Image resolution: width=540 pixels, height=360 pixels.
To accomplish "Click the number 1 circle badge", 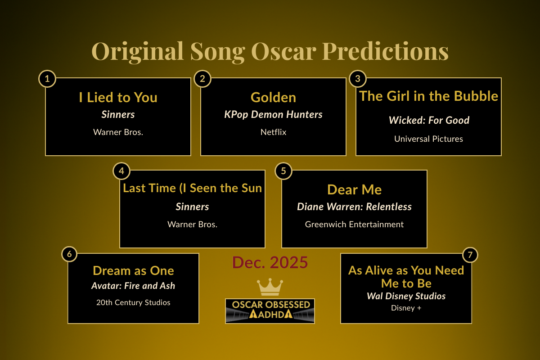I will point(47,79).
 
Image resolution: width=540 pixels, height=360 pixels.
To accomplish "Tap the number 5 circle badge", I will point(283,171).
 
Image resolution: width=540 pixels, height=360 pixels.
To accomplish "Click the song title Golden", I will point(273,97).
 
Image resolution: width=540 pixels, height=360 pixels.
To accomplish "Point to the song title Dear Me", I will point(354,189).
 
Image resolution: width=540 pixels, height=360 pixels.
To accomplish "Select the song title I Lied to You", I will point(118,97).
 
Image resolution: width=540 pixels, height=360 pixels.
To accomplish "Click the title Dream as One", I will point(133,270).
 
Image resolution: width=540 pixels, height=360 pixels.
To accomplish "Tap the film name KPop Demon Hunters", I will point(273,114).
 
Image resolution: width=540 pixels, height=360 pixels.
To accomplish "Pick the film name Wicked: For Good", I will point(429,120).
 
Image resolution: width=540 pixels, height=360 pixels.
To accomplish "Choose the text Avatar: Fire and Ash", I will point(133,286).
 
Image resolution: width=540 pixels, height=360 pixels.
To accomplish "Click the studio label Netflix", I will point(273,132).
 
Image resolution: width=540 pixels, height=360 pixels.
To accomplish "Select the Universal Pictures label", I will point(428,139).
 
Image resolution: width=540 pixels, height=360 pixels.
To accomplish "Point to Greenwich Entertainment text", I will point(354,224).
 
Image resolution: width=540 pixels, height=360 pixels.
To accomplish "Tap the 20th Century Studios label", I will point(133,302).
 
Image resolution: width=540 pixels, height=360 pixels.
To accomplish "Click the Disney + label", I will point(406,308).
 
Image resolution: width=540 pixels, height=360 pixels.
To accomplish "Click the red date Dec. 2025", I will point(270,262).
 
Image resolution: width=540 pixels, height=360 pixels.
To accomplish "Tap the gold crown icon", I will point(270,287).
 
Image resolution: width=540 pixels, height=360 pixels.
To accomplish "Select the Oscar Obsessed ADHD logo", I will point(270,310).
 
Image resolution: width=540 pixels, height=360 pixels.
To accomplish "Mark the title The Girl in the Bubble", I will point(428,96).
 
